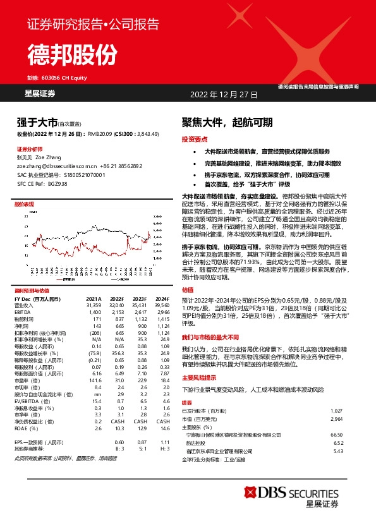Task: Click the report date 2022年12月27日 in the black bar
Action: click(x=224, y=94)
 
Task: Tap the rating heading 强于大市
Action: click(x=37, y=123)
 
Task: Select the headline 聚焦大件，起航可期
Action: click(x=227, y=123)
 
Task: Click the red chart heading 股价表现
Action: click(x=25, y=205)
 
